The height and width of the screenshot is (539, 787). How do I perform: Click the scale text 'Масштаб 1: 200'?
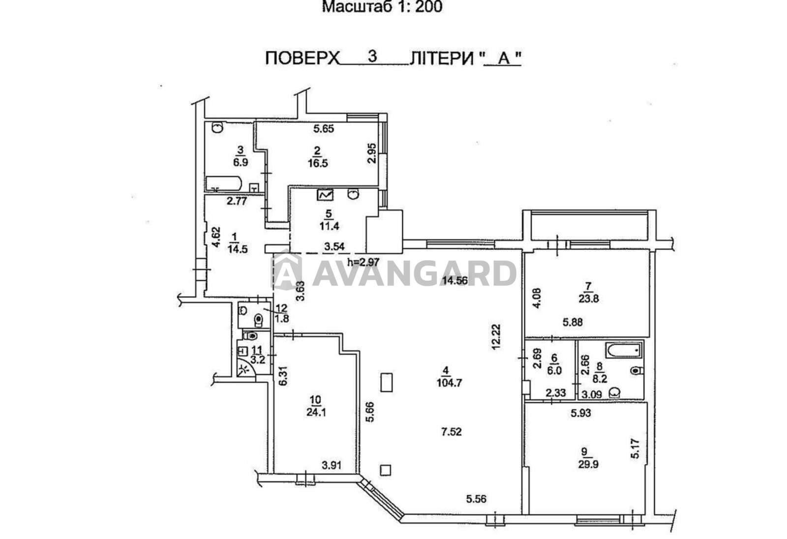coord(382,7)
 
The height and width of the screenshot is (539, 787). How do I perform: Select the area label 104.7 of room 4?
coord(450,382)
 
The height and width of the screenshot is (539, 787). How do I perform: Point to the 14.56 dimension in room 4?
coord(455,280)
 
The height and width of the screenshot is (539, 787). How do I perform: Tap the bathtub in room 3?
coord(224,184)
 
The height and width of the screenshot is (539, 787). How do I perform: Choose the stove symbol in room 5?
coord(325,195)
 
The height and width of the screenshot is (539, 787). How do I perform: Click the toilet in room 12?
coord(259,319)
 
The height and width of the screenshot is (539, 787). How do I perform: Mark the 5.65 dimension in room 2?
coord(324,128)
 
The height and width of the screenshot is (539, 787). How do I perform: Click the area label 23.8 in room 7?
coord(588,299)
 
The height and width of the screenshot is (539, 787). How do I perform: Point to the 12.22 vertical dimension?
coord(496,336)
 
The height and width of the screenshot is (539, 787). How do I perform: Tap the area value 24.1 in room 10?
coord(316,412)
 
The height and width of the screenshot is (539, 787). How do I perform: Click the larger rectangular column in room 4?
coord(387,383)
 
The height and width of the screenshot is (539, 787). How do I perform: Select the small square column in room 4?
coord(386,470)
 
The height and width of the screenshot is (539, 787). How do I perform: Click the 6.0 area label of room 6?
coord(554,371)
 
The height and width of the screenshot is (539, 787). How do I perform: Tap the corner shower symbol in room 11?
coord(245,369)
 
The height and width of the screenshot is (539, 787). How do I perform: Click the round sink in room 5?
coord(353,194)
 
